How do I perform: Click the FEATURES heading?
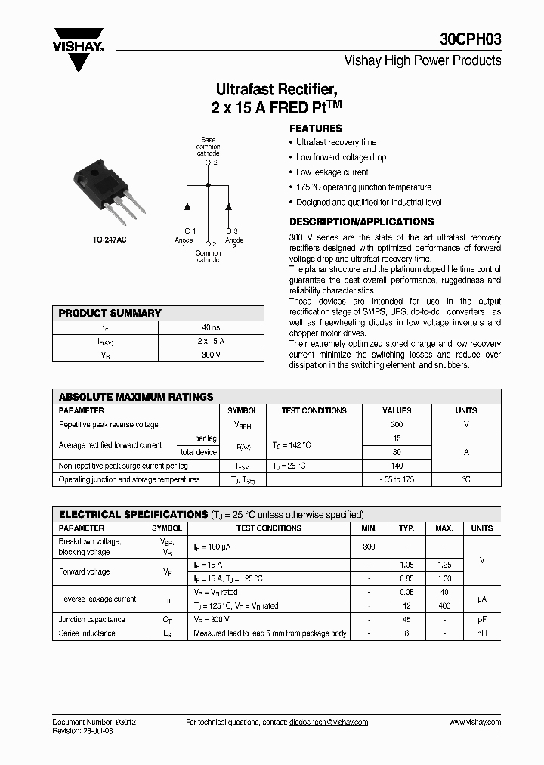pyautogui.click(x=316, y=129)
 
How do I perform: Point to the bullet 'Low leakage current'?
pyautogui.click(x=332, y=172)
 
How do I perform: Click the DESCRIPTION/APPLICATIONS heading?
pyautogui.click(x=362, y=221)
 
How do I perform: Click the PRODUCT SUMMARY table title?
pyautogui.click(x=110, y=313)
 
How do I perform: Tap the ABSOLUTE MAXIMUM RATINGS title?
pyautogui.click(x=136, y=397)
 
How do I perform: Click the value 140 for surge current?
pyautogui.click(x=397, y=466)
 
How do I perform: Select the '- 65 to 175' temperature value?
pyautogui.click(x=397, y=480)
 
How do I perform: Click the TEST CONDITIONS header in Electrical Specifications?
pyautogui.click(x=268, y=528)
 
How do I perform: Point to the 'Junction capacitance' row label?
pyautogui.click(x=92, y=620)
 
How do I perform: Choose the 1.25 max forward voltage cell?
pyautogui.click(x=445, y=565)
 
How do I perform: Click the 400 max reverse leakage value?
pyautogui.click(x=445, y=606)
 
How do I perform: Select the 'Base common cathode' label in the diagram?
pyautogui.click(x=208, y=146)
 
